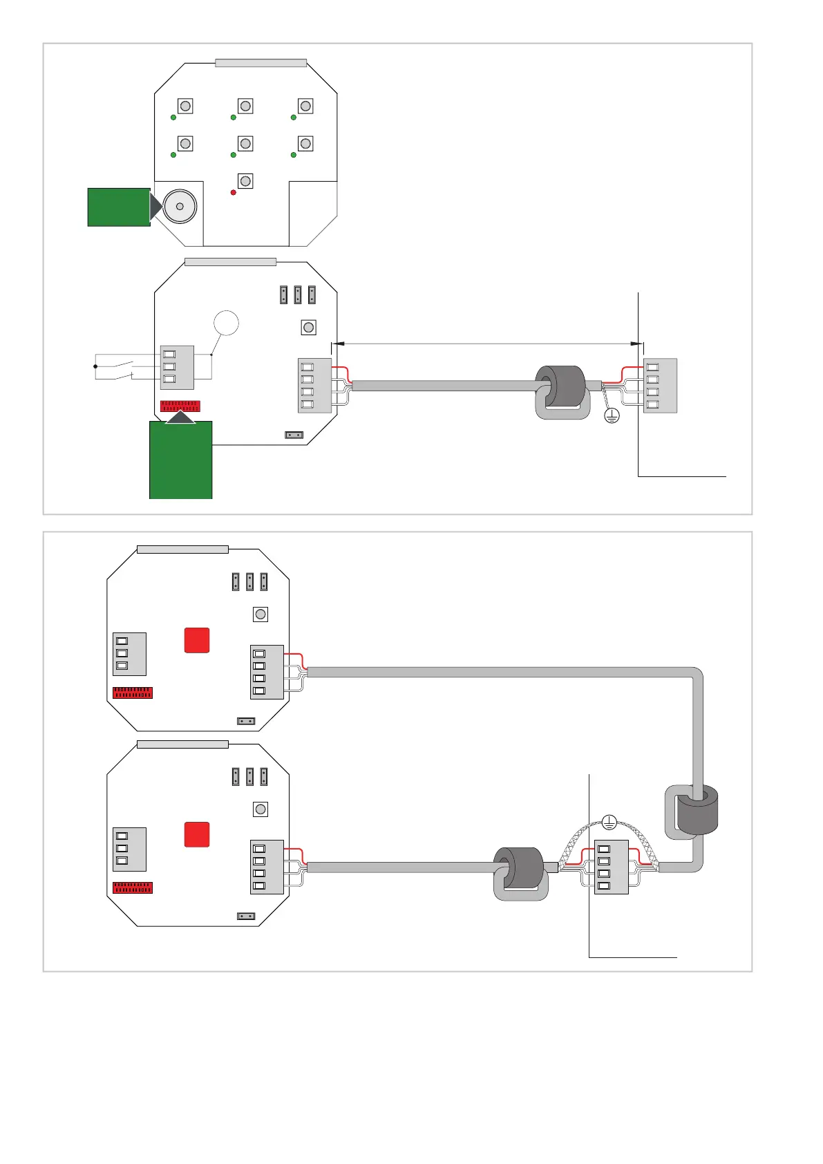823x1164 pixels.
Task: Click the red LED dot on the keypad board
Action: pos(234,192)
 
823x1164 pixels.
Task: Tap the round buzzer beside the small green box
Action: pos(180,206)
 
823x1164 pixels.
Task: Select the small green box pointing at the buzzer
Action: pos(119,207)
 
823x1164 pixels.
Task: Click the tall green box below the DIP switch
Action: pos(181,460)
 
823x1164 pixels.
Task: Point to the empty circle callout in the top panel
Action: pos(226,323)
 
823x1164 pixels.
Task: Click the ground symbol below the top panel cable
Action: pos(612,415)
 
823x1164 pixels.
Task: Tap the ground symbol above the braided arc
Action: pos(609,822)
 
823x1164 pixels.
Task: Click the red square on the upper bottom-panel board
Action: pos(197,640)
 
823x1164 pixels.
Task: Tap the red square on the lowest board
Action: pos(197,834)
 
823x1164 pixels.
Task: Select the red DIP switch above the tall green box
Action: pos(180,406)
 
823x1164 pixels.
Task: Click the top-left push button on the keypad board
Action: pos(185,106)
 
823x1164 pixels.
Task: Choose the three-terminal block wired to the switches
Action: pos(177,367)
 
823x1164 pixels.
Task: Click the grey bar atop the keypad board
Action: pos(261,63)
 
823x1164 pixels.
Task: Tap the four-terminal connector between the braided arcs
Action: pos(611,867)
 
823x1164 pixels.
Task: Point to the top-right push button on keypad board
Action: pos(305,106)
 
